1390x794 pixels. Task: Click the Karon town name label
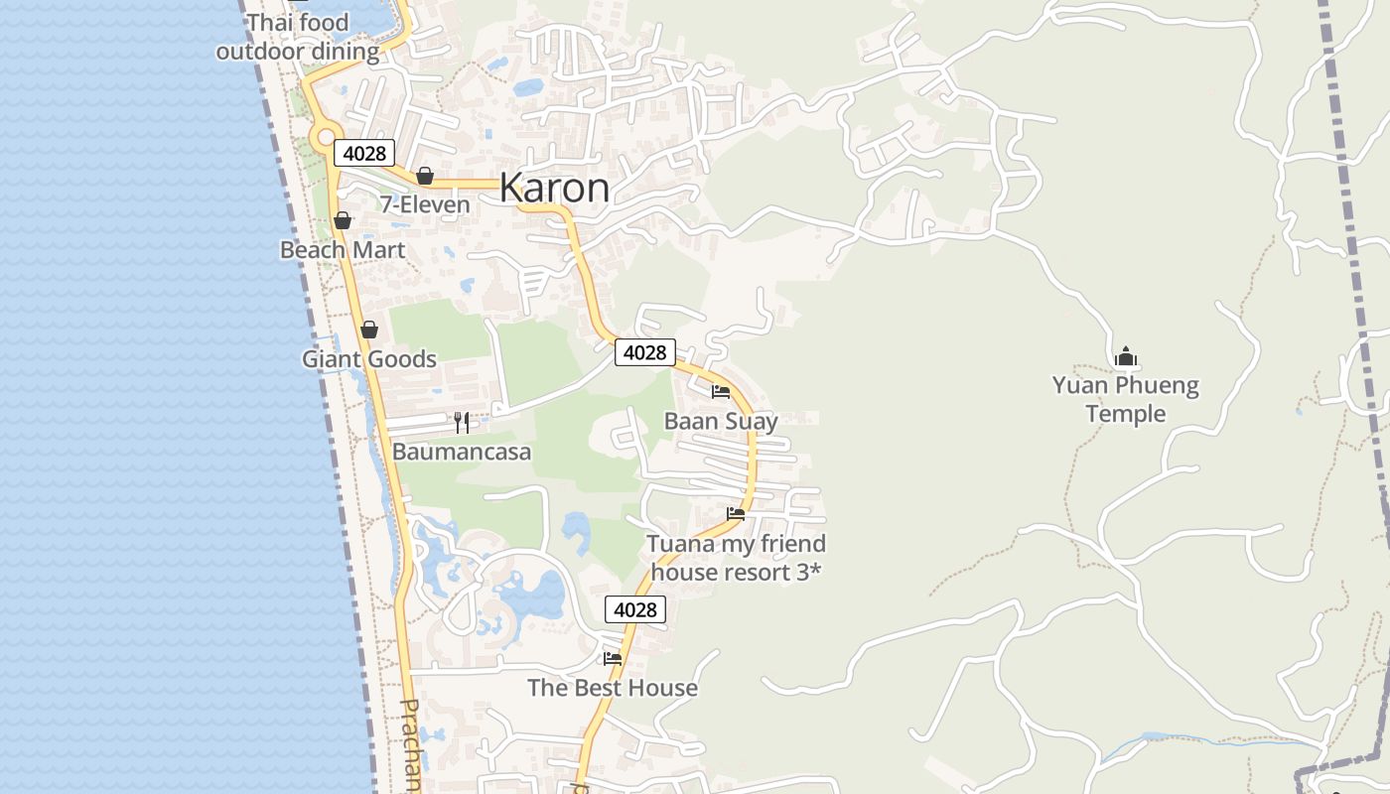tap(554, 188)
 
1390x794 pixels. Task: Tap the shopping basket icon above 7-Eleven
tap(425, 176)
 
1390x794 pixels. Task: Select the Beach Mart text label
tap(343, 250)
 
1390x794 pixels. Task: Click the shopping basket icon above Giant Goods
tap(369, 330)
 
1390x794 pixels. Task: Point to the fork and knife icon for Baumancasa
tap(461, 423)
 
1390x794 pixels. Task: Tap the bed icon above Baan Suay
tap(721, 392)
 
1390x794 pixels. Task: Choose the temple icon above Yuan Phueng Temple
tap(1126, 356)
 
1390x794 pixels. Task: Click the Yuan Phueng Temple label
tap(1126, 399)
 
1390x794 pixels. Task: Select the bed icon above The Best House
tap(613, 658)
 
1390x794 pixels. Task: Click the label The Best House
tap(613, 688)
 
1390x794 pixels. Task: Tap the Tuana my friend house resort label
tap(737, 558)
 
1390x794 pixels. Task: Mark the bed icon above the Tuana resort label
tap(736, 514)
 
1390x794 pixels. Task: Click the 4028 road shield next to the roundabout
tap(364, 153)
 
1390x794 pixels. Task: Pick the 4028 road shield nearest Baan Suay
tap(645, 352)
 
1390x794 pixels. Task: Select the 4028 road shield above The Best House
tap(635, 609)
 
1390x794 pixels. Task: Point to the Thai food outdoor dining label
tap(298, 38)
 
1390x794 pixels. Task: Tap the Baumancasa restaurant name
tap(462, 453)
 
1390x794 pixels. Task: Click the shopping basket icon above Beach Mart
tap(343, 220)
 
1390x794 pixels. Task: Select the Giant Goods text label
tap(369, 359)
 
